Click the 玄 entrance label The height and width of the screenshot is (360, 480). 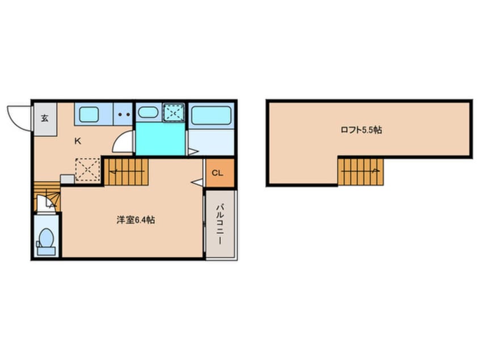coord(45,118)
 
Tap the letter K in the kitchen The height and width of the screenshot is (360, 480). coord(78,141)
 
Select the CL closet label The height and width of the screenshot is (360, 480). coord(217,173)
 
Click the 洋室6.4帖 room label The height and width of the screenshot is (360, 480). coord(136,220)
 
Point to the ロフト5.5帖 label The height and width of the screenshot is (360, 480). coord(361,130)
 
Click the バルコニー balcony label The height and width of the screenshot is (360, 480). coord(220,224)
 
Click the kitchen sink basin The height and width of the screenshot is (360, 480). coord(89,115)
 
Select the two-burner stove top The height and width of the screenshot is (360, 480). coord(124,114)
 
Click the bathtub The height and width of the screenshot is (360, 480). coord(211,115)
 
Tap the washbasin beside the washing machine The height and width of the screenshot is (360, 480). coord(148,112)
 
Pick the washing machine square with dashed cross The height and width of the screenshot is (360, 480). coord(174,113)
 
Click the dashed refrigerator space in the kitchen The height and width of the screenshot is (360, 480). coord(87,169)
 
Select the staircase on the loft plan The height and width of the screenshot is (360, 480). coord(361,172)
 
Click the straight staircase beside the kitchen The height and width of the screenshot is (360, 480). coord(127,172)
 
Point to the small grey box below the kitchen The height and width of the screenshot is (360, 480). coord(68,179)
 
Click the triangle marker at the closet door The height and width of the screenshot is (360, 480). coord(197,183)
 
